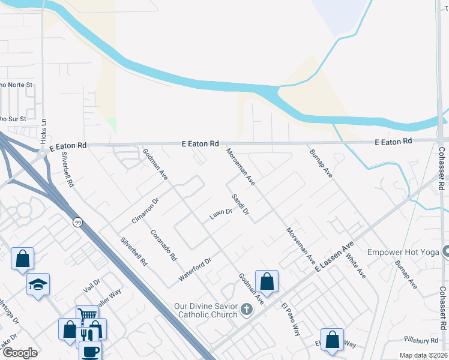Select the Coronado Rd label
click(163, 245)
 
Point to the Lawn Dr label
click(220, 213)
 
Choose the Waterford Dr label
click(195, 271)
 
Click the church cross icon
click(246, 310)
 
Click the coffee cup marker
click(90, 351)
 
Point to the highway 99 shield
click(77, 223)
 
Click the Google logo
click(20, 353)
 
